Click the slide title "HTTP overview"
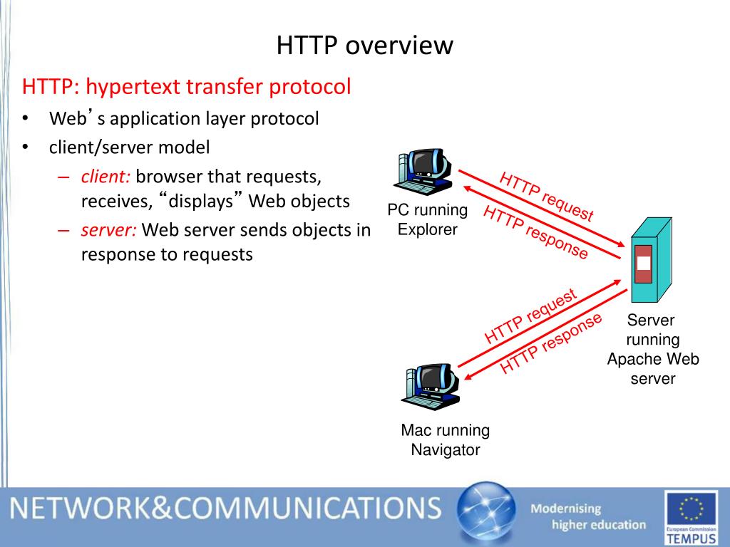(x=364, y=46)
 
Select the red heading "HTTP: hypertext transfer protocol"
(x=187, y=87)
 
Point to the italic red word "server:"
(x=108, y=230)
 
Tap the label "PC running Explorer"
(x=428, y=219)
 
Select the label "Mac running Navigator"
(x=445, y=439)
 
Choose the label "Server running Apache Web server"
(x=652, y=350)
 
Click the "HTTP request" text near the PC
(x=546, y=197)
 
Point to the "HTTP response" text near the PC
(x=535, y=232)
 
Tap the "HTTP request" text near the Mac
(x=530, y=316)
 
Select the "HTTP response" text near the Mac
(x=550, y=343)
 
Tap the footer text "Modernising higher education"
(x=588, y=517)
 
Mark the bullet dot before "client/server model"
(x=25, y=147)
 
